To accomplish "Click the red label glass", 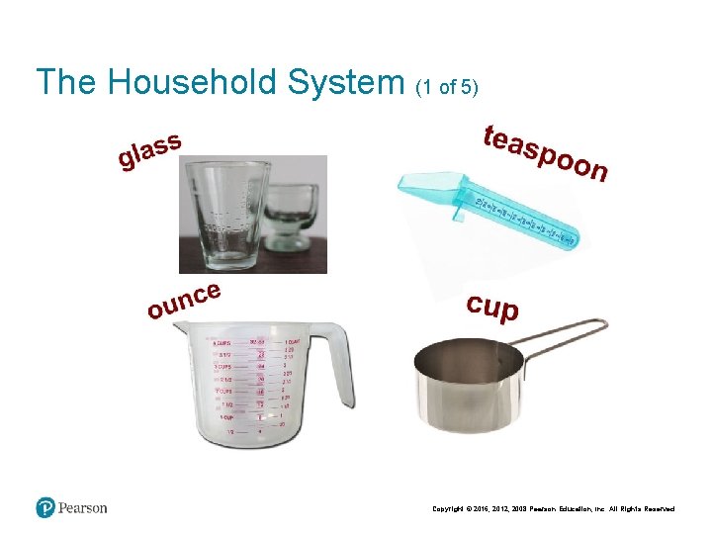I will tap(149, 150).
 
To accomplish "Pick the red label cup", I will tap(492, 306).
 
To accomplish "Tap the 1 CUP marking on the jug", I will tap(227, 417).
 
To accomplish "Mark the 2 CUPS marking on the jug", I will tap(225, 390).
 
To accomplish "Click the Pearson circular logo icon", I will tap(45, 507).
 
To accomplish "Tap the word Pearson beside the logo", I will tap(83, 508).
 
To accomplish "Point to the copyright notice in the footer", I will tap(554, 509).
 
